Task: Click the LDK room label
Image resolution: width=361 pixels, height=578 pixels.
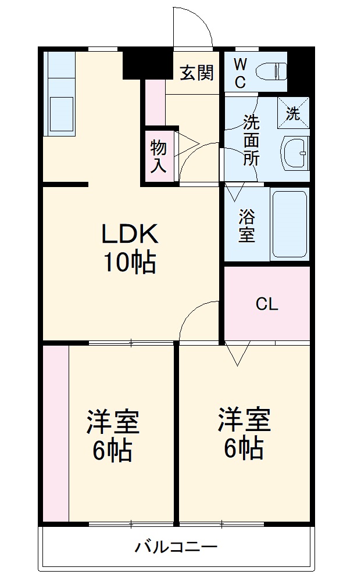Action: tap(130, 234)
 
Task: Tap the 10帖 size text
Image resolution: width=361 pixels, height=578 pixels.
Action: tap(130, 263)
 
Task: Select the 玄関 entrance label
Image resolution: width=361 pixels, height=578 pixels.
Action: tap(196, 73)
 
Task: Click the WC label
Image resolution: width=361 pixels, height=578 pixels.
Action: tap(240, 72)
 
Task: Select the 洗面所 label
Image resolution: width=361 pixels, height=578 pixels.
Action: tap(251, 140)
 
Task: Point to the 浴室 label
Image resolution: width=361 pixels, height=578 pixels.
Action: tap(246, 226)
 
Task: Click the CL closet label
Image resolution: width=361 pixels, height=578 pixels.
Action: tap(267, 304)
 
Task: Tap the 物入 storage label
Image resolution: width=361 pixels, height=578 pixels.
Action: tap(159, 156)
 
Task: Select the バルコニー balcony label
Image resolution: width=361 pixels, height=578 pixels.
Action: tap(176, 547)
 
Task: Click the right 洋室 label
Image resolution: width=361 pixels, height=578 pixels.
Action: tap(244, 421)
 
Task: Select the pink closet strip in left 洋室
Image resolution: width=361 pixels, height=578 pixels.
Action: tap(55, 433)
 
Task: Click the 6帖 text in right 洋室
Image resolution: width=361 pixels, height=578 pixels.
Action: tap(244, 448)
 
